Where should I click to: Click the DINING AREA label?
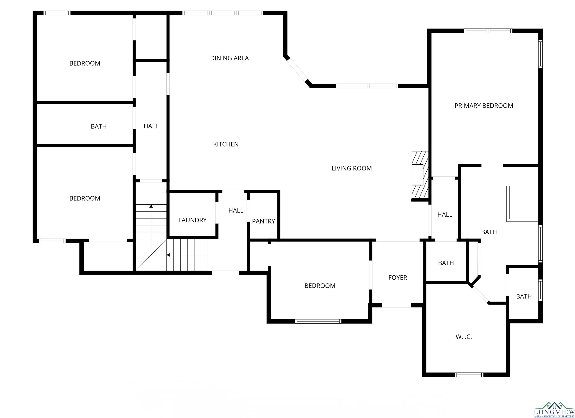229,58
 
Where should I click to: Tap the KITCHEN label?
226,144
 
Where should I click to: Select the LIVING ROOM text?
352,168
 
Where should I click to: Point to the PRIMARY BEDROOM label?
484,106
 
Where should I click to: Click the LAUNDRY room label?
192,220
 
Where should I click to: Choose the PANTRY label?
263,221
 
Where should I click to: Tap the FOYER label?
398,278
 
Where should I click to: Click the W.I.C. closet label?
464,337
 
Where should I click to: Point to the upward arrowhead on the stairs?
151,206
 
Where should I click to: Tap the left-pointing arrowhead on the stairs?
168,255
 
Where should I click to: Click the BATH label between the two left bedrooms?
99,126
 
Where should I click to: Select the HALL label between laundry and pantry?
236,210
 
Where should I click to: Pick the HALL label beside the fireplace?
445,215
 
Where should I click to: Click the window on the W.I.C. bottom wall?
469,375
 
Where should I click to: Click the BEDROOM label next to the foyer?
320,286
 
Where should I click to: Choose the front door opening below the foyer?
396,305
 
